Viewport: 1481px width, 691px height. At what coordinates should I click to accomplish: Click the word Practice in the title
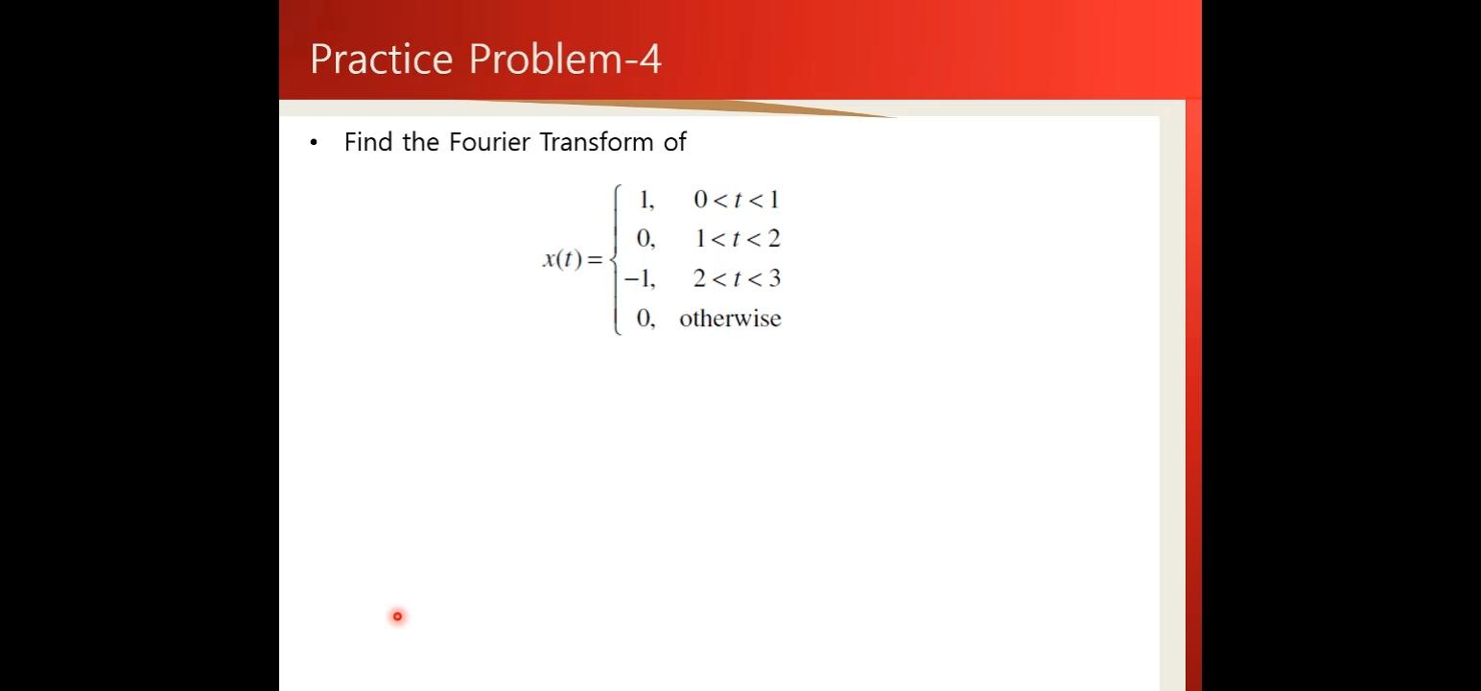coord(382,59)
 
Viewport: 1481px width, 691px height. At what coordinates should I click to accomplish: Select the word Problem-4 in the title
coord(565,59)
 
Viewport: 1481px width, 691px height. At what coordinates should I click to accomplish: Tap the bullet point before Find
coord(314,142)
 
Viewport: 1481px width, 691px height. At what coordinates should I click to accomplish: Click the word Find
coord(368,141)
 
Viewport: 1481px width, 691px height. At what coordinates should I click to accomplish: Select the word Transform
coord(597,141)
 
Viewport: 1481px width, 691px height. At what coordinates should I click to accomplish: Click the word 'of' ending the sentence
coord(675,141)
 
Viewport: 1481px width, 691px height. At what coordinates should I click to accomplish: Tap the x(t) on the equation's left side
coord(563,258)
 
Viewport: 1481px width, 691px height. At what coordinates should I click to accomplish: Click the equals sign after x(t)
coord(595,259)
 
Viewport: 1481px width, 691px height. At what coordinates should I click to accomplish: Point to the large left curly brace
coord(616,259)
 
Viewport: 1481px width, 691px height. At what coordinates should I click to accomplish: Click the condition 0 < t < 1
coord(737,199)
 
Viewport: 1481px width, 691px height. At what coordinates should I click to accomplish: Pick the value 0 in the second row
coord(646,239)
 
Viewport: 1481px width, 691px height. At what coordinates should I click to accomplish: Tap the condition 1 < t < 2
coord(738,238)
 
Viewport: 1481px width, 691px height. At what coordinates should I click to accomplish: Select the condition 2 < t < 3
coord(738,278)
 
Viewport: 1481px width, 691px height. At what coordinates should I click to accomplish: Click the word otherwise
coord(731,318)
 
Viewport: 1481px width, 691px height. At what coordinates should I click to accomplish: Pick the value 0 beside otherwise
coord(646,319)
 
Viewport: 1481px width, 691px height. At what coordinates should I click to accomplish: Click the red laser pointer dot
coord(397,616)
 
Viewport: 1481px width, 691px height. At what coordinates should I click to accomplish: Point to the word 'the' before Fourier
coord(420,141)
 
